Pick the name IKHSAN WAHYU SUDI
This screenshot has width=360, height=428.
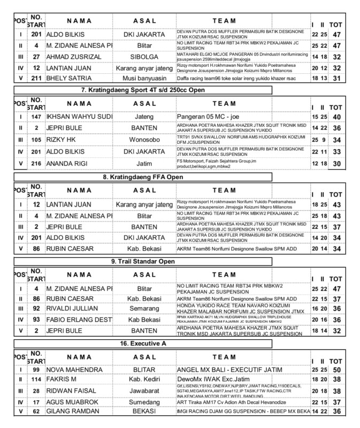tap(79, 116)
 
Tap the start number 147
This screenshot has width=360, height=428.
tap(35, 116)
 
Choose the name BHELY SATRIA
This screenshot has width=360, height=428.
tap(68, 78)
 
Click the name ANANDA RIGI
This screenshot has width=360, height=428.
tap(68, 163)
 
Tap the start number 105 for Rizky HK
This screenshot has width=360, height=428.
tap(35, 140)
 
